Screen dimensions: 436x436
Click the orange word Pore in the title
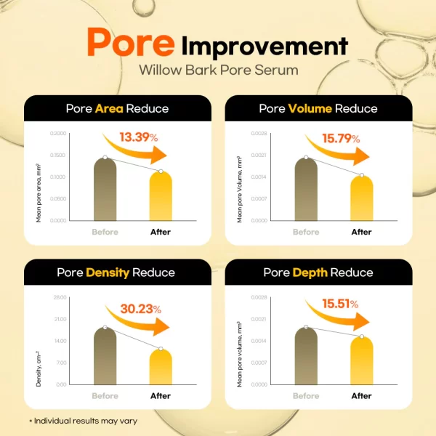click(x=130, y=43)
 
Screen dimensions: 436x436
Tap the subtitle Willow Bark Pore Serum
click(x=217, y=71)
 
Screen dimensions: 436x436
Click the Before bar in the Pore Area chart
click(x=105, y=189)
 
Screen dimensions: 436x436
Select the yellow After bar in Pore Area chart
click(x=161, y=196)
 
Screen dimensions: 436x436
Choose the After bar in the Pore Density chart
click(x=161, y=367)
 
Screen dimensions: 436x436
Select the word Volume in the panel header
click(x=310, y=109)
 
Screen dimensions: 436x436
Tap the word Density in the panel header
click(x=108, y=272)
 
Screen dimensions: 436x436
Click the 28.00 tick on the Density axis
click(x=60, y=297)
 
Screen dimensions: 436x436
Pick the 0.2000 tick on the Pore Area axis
click(x=57, y=134)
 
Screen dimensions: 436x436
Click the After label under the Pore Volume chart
click(x=361, y=233)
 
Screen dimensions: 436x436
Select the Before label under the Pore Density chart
click(x=105, y=396)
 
